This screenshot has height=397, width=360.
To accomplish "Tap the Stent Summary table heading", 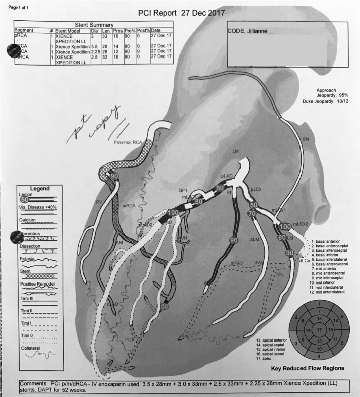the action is click(94, 25).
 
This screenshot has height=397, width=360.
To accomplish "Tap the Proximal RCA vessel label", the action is click(129, 143).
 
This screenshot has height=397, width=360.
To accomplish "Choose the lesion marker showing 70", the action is click(251, 214).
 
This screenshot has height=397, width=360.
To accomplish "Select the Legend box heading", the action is click(40, 189).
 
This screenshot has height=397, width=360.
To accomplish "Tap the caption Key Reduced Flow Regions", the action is click(307, 368).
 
